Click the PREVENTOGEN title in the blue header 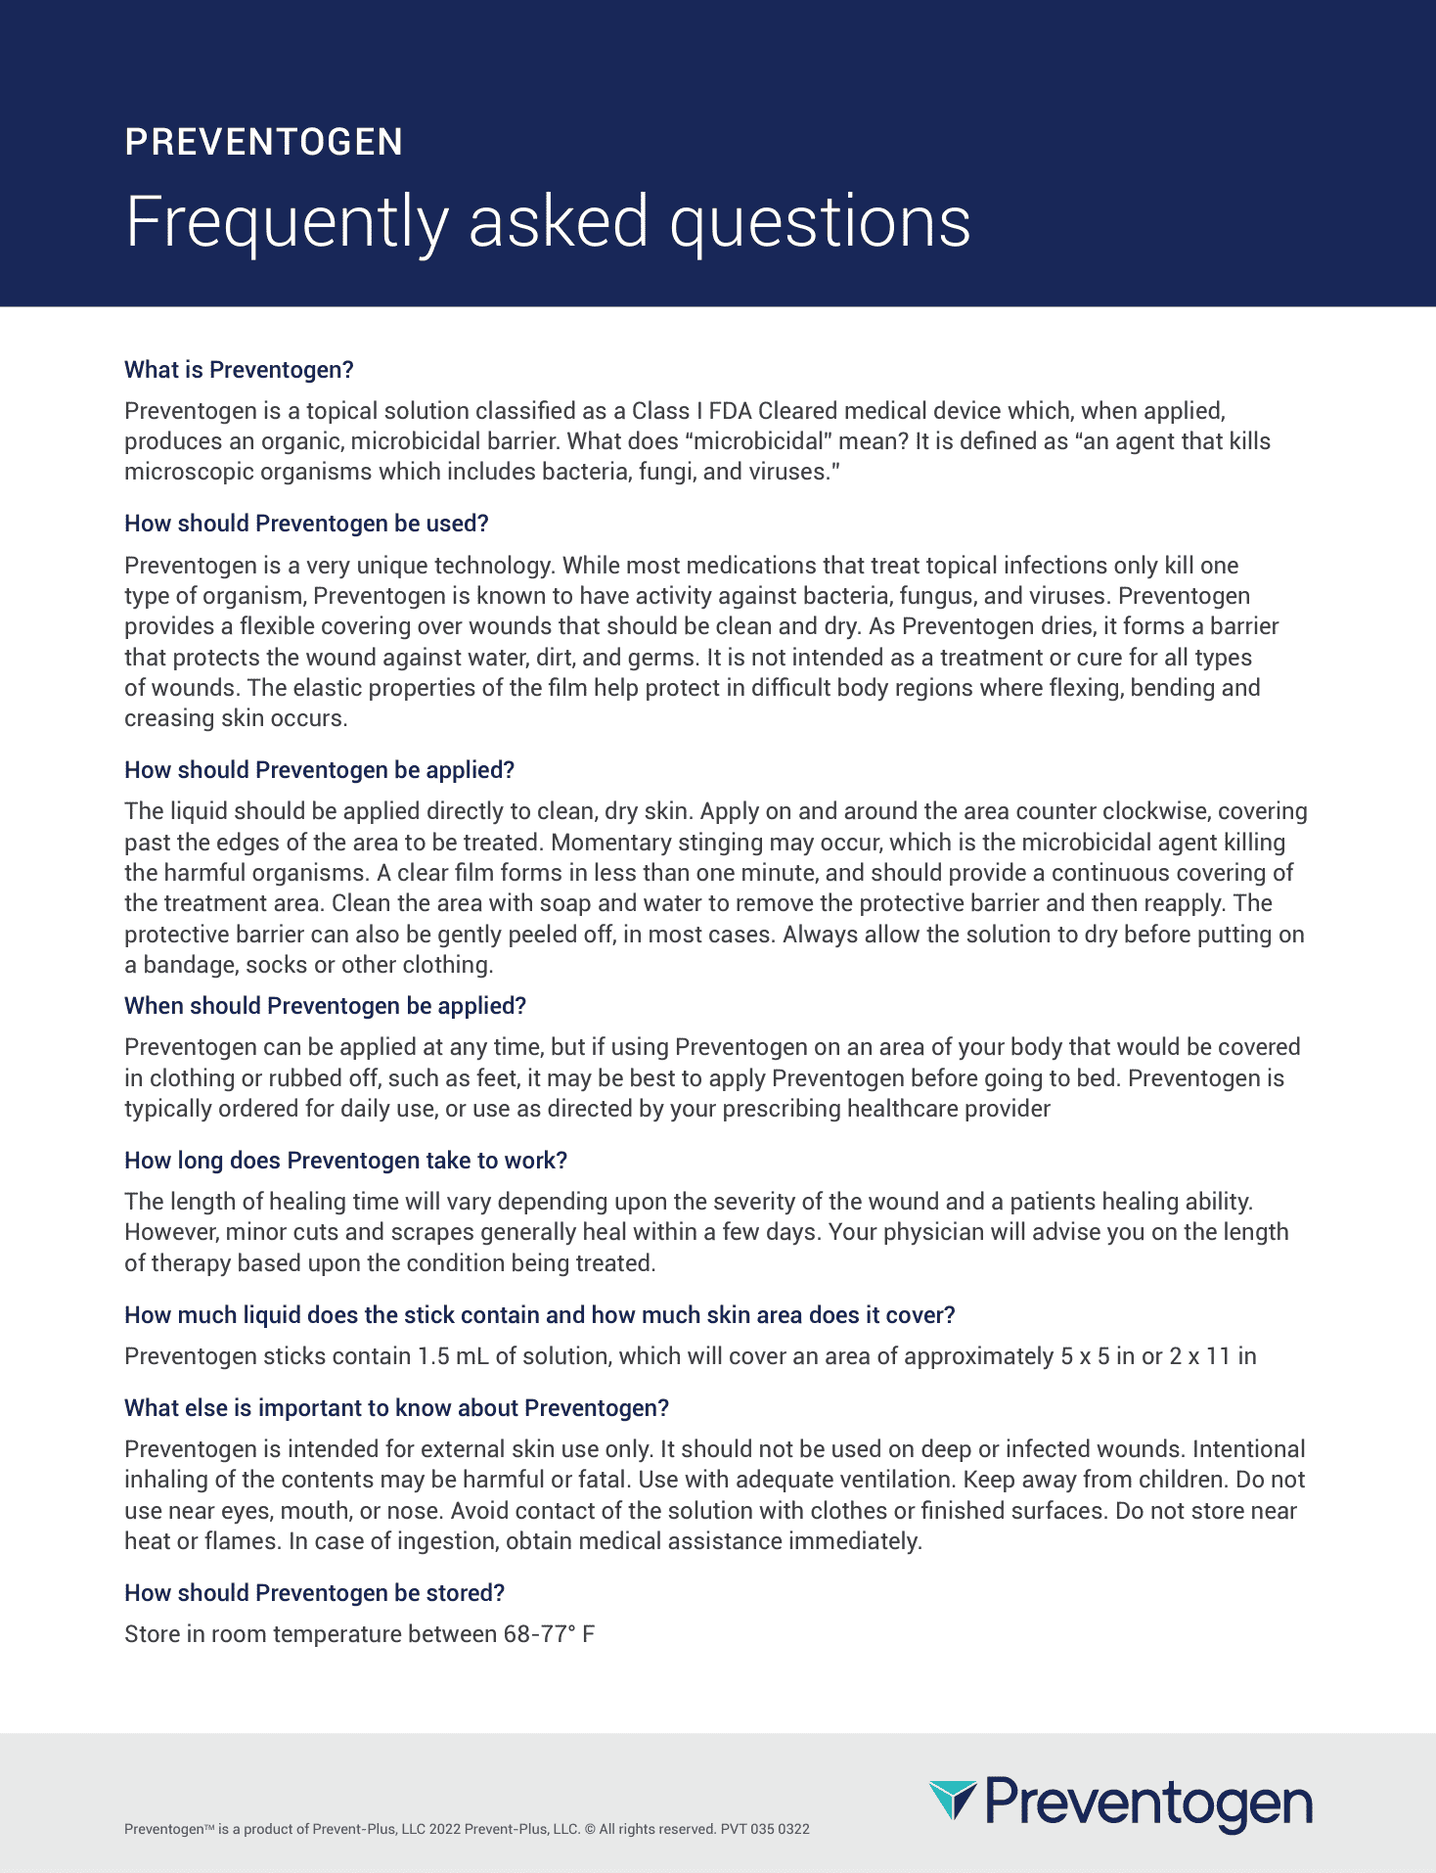coord(264,143)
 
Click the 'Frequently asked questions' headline coord(548,222)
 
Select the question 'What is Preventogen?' coord(239,370)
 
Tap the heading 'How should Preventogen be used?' coord(306,524)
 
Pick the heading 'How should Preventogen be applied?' coord(319,770)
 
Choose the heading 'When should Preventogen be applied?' coord(325,1006)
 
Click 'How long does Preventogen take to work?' coord(345,1161)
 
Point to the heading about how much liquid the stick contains coord(539,1315)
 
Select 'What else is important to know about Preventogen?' coord(396,1408)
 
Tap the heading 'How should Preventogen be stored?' coord(314,1593)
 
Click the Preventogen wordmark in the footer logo coord(1148,1804)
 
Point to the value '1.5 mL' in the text coord(453,1356)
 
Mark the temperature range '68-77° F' coord(549,1634)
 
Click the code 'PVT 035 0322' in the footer coord(765,1829)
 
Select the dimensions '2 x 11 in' coord(1213,1356)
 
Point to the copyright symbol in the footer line coord(590,1829)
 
